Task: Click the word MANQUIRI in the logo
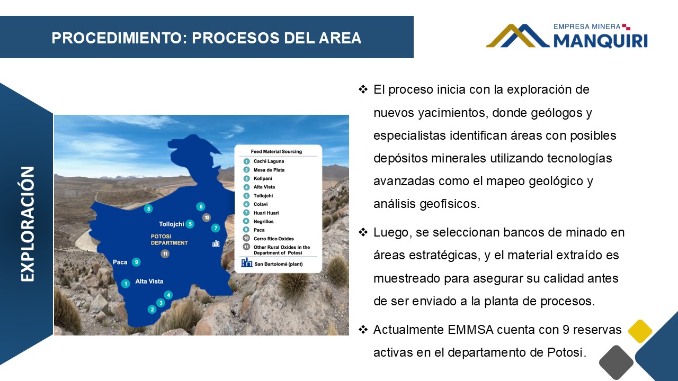pyautogui.click(x=601, y=41)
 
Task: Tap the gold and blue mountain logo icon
pyautogui.click(x=518, y=35)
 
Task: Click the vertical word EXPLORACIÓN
pyautogui.click(x=28, y=224)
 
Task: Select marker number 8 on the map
pyautogui.click(x=148, y=208)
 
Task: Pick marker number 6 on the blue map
pyautogui.click(x=201, y=207)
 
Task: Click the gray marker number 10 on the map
pyautogui.click(x=207, y=217)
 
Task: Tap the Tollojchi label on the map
pyautogui.click(x=172, y=224)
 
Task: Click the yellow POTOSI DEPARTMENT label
pyautogui.click(x=169, y=240)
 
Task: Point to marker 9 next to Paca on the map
pyautogui.click(x=136, y=262)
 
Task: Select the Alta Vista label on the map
pyautogui.click(x=149, y=281)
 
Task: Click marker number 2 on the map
pyautogui.click(x=152, y=309)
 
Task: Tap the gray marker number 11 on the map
pyautogui.click(x=165, y=253)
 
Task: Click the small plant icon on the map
pyautogui.click(x=216, y=243)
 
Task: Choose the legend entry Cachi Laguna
pyautogui.click(x=269, y=161)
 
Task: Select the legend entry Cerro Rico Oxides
pyautogui.click(x=274, y=239)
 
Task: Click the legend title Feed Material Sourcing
pyautogui.click(x=276, y=151)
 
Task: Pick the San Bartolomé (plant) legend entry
pyautogui.click(x=279, y=264)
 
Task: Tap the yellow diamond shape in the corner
pyautogui.click(x=640, y=331)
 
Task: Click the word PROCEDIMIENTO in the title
pyautogui.click(x=119, y=38)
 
